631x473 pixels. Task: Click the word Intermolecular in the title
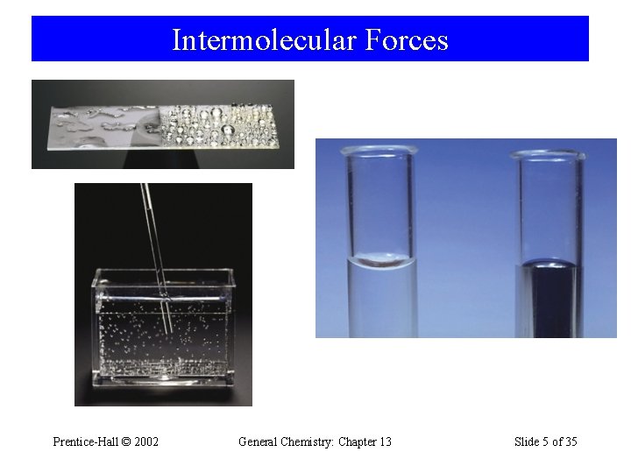click(248, 40)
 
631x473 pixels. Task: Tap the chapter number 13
click(384, 441)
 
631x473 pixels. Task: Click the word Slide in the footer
click(528, 441)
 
